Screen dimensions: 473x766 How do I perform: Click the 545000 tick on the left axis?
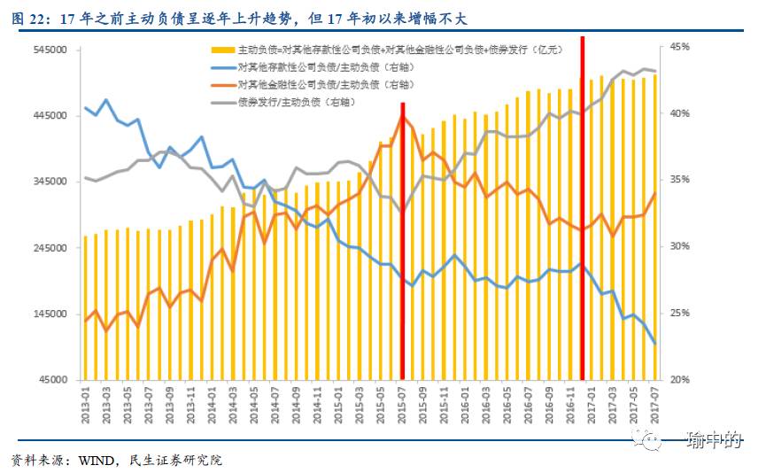(52, 50)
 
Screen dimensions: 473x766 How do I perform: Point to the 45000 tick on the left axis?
(55, 380)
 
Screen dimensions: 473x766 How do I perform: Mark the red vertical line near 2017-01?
(582, 213)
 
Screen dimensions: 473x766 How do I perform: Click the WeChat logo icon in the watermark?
(652, 440)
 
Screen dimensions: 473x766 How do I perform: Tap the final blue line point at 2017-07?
(654, 344)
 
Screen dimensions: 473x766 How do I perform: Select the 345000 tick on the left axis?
(52, 182)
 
